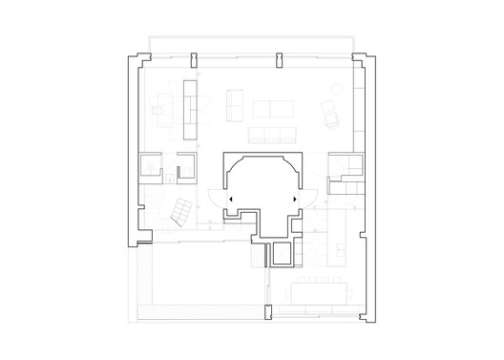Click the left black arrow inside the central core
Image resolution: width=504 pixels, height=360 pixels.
pos(230,197)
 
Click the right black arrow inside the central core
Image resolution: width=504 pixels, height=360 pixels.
pos(292,197)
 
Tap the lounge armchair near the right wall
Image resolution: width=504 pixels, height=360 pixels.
pos(330,116)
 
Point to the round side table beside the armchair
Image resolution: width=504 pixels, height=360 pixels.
pos(337,91)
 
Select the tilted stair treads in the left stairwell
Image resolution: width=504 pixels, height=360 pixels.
pos(178,211)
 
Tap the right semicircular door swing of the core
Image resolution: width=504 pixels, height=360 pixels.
pos(308,199)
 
